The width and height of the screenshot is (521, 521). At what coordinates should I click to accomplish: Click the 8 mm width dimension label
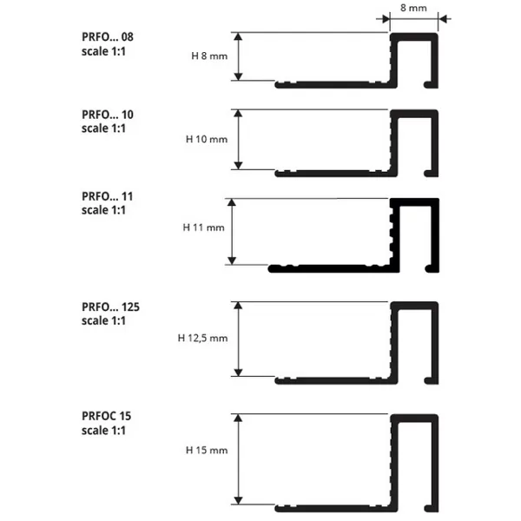[x=413, y=8]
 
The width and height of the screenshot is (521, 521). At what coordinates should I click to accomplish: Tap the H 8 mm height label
[x=209, y=56]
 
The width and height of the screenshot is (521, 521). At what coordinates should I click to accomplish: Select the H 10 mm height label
[x=207, y=139]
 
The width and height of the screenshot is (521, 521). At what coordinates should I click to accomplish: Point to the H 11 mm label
[x=203, y=228]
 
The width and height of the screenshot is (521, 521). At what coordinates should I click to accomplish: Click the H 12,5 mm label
[x=202, y=339]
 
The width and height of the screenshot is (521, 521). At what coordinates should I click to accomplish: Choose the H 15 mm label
[x=207, y=450]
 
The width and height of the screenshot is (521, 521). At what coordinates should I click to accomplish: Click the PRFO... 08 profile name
[x=108, y=36]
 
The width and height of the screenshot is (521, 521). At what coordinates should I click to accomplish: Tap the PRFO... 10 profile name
[x=108, y=115]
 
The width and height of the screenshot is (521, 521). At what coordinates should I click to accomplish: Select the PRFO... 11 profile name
[x=108, y=196]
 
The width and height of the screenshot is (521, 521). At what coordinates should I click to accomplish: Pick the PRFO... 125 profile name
[x=110, y=307]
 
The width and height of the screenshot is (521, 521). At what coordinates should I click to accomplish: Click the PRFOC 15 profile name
[x=106, y=416]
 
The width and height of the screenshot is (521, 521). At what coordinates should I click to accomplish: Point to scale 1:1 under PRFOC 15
[x=103, y=431]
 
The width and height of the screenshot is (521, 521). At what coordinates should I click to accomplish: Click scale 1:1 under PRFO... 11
[x=103, y=210]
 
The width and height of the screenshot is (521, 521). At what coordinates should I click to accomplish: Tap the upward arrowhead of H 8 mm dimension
[x=238, y=36]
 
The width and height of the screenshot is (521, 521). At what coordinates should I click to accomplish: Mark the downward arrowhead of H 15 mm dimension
[x=238, y=500]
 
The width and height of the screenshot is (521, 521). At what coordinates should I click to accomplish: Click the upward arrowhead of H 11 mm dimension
[x=232, y=202]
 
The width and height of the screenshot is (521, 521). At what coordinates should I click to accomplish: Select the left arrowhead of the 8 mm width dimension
[x=386, y=19]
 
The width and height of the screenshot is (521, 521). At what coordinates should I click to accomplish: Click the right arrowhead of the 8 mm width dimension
[x=442, y=19]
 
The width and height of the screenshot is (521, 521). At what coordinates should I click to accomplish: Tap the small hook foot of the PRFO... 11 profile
[x=430, y=269]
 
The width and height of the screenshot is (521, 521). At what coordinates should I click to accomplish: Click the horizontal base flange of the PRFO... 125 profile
[x=335, y=381]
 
